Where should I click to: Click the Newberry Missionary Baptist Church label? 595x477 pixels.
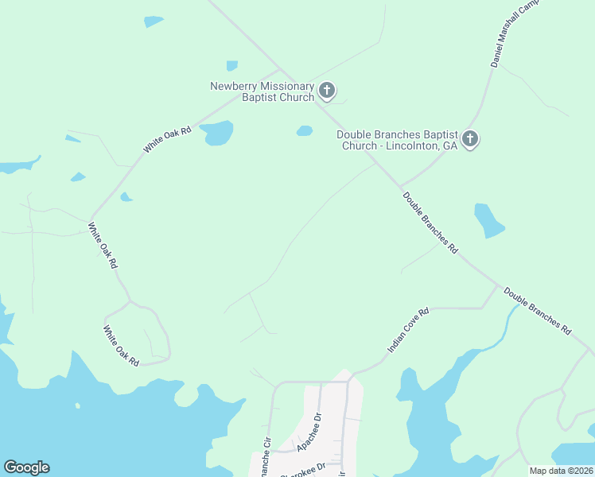pyautogui.click(x=262, y=91)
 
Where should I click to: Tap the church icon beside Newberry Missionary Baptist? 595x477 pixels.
pyautogui.click(x=327, y=89)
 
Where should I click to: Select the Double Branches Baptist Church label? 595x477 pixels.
pyautogui.click(x=397, y=140)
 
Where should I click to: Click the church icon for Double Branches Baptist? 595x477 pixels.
pyautogui.click(x=470, y=140)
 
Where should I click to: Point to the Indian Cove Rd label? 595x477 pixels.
pyautogui.click(x=407, y=330)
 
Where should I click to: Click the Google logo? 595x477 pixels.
pyautogui.click(x=26, y=467)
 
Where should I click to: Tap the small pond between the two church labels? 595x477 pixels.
pyautogui.click(x=305, y=131)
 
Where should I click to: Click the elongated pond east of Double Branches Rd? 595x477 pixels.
pyautogui.click(x=488, y=221)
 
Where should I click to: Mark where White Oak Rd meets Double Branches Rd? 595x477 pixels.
pyautogui.click(x=279, y=71)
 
